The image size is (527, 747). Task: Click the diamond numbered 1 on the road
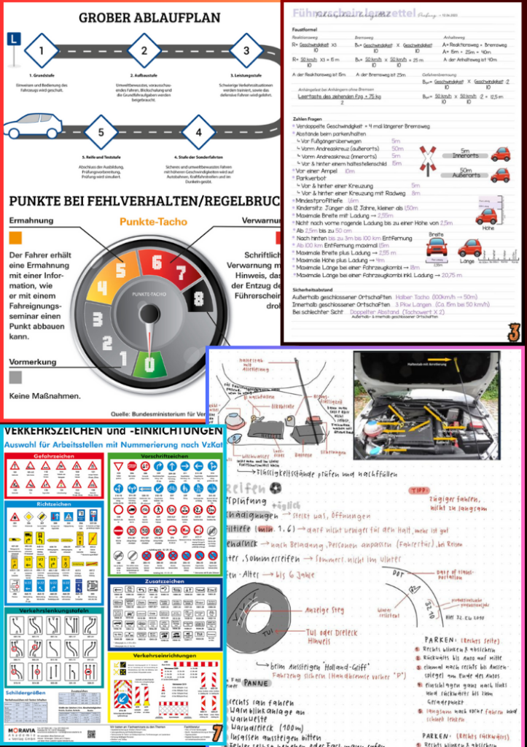tap(42, 51)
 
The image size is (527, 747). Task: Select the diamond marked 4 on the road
tap(198, 133)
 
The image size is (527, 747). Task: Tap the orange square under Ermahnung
tap(15, 237)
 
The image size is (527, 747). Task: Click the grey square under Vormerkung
tap(15, 377)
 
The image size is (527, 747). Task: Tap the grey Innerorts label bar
tap(465, 155)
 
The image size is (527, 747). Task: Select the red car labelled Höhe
tap(485, 217)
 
